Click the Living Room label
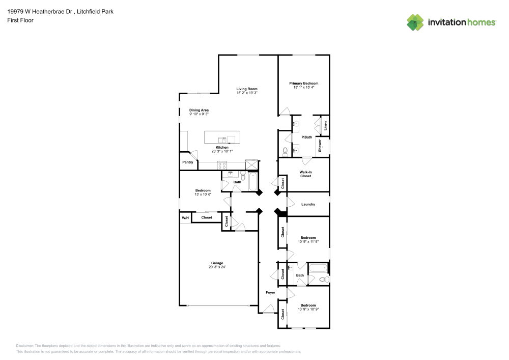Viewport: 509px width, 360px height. tap(247, 89)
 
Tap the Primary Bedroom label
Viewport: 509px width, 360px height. tap(304, 83)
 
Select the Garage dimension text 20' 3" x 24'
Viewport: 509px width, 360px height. tap(217, 267)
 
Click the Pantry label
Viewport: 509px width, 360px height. tap(187, 162)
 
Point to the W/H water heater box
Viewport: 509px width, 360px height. tap(184, 217)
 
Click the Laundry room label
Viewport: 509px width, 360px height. tap(308, 204)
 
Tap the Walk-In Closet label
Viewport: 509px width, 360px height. tap(305, 174)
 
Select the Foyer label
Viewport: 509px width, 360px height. tap(270, 292)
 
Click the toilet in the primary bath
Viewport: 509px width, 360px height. tap(286, 151)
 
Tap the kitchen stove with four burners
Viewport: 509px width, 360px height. tap(222, 164)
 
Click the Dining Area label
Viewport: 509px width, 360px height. tap(199, 110)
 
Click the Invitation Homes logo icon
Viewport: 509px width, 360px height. tap(415, 22)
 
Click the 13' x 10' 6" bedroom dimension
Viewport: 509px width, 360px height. tap(203, 195)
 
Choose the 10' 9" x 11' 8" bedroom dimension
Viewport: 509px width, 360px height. tap(308, 241)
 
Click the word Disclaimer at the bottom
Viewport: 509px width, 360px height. tap(24, 345)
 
